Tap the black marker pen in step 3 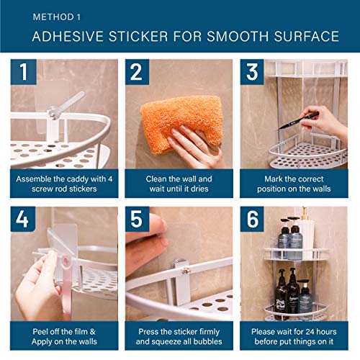click(303, 118)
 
